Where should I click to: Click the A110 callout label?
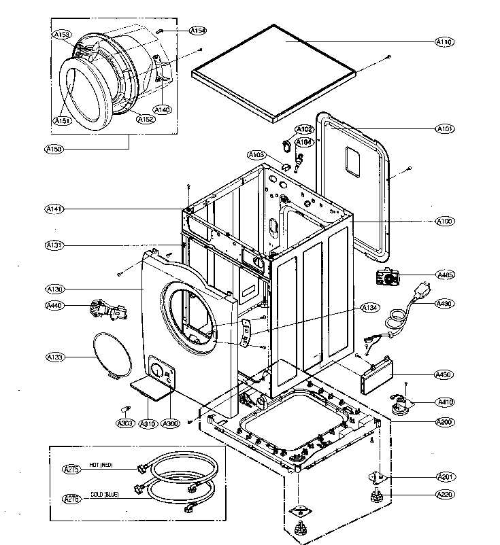(x=445, y=42)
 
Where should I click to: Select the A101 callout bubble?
(x=445, y=128)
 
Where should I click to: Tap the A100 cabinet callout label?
(x=445, y=222)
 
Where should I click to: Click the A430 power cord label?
(x=445, y=303)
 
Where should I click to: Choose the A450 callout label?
(x=445, y=374)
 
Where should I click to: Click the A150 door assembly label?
(x=54, y=149)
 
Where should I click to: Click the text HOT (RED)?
(x=101, y=465)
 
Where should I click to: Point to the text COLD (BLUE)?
(x=104, y=495)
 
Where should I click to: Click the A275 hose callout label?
(x=71, y=469)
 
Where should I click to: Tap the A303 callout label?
(x=125, y=423)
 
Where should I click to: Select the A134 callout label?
(x=369, y=309)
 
